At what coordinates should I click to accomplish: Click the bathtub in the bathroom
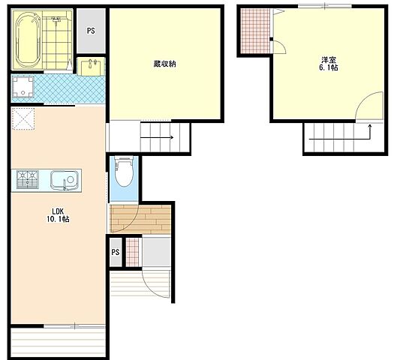pos(28,40)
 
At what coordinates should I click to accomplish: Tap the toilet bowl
pos(124,172)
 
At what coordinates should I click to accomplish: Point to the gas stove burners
pos(28,179)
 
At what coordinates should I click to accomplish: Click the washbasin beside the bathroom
pos(91,66)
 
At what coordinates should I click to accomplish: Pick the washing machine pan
pos(23,87)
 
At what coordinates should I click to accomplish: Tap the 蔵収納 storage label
pos(164,64)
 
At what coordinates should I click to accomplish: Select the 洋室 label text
pos(329,60)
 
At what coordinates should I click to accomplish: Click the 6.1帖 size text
pos(329,67)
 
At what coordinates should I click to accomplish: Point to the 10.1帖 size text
pos(59,219)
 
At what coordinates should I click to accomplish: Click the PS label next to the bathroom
pos(91,31)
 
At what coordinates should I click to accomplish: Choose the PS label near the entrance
pos(116,252)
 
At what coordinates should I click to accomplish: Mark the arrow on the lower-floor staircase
pos(157,137)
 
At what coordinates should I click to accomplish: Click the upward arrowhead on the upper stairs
pos(370,125)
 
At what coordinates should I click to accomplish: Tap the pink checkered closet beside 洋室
pos(255,31)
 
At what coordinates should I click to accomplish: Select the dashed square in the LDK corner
pos(23,118)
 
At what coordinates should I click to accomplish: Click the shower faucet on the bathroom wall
pos(56,19)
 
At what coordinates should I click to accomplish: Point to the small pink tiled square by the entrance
pos(132,252)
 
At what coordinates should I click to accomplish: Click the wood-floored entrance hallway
pos(141,219)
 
